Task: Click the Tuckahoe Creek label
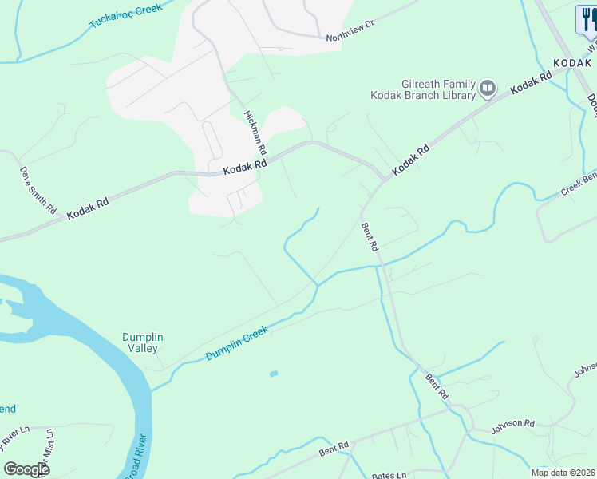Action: [x=125, y=15]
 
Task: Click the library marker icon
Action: [x=488, y=89]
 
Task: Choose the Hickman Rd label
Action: [x=255, y=132]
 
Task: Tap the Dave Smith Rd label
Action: [x=38, y=189]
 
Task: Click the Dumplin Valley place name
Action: [x=143, y=342]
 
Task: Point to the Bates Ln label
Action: [x=389, y=475]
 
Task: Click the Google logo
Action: [x=26, y=469]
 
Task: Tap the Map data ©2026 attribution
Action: [x=562, y=473]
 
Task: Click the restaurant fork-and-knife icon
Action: [x=587, y=21]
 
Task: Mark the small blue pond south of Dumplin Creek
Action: [x=274, y=374]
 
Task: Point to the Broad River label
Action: [x=136, y=457]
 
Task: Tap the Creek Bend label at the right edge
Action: [x=579, y=186]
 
